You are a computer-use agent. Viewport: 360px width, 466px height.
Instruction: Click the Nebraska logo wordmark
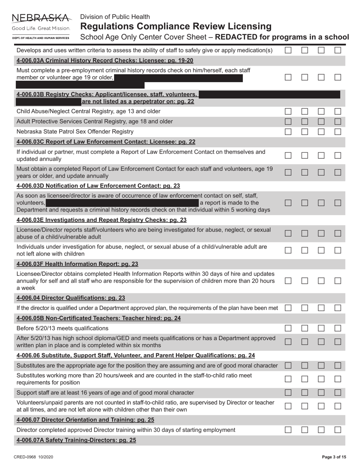[41, 18]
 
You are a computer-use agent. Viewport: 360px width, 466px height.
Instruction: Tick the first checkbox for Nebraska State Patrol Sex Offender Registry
[288, 131]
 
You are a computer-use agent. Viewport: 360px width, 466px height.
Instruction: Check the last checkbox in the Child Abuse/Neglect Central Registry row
[338, 111]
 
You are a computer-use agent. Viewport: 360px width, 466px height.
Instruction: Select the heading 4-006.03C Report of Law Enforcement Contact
[106, 142]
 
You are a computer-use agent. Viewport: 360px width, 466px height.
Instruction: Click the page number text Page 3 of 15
[334, 457]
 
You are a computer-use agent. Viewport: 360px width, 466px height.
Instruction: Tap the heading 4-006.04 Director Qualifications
[71, 298]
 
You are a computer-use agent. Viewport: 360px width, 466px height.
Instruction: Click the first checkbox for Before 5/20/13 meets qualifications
[288, 328]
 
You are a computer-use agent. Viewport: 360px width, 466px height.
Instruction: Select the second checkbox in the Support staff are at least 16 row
[305, 393]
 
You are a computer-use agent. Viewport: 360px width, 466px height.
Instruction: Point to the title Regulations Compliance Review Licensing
[176, 27]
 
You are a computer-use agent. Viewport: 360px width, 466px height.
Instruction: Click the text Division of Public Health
[115, 17]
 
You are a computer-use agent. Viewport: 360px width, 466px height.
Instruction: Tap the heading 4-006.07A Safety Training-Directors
[76, 440]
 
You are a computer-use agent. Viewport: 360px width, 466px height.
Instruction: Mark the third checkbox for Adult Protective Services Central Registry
[321, 121]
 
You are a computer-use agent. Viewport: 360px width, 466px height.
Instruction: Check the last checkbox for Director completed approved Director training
[338, 430]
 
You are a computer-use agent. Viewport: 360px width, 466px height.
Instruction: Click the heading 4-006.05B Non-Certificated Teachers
[99, 318]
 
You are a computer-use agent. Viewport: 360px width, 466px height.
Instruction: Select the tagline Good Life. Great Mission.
[41, 28]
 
